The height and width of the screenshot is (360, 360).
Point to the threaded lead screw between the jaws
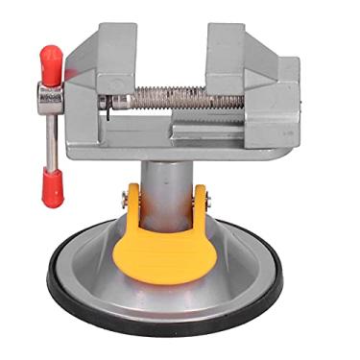pos(168,98)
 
